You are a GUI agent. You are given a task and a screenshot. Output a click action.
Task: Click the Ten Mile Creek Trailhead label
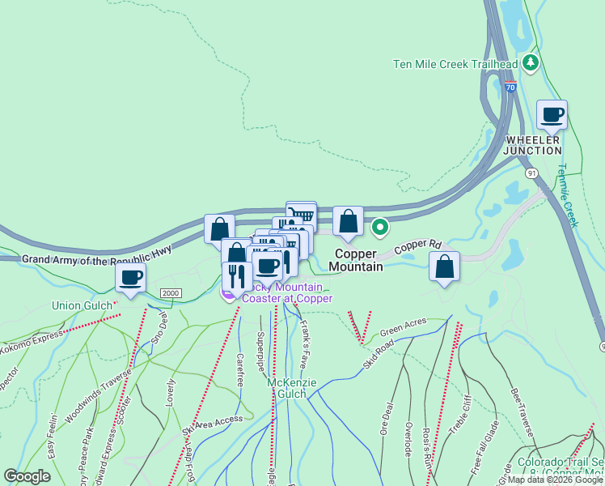455,64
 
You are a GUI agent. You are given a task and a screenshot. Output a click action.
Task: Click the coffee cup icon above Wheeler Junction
552,115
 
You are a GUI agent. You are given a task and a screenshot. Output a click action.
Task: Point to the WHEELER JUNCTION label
533,145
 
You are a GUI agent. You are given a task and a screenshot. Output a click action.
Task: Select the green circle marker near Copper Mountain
379,228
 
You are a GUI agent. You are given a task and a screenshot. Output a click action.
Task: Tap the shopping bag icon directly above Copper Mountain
348,221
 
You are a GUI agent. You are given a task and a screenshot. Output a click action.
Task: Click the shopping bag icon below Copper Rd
444,266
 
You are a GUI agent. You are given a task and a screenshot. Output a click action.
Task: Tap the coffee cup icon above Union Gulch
130,278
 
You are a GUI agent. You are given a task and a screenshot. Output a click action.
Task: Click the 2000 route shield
170,293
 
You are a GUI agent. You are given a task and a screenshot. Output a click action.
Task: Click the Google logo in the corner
27,476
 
